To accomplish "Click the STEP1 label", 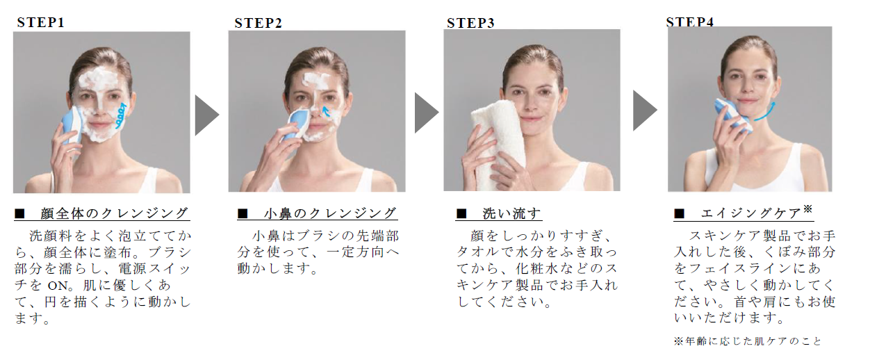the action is pos(40,22).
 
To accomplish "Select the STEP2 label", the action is pos(258,24).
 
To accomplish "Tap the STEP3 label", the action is pos(470,24).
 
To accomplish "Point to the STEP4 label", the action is pos(690,22).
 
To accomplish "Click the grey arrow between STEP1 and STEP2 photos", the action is pos(206,115).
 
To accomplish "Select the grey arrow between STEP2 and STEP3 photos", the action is pos(426,113).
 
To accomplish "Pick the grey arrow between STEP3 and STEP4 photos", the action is pos(644,111).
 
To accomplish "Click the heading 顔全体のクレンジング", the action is pos(114,213).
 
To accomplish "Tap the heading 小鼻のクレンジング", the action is pos(330,213).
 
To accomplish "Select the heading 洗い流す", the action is pos(511,213).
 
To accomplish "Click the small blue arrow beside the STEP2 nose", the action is pos(326,112).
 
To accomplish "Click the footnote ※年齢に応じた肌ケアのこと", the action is pos(748,341).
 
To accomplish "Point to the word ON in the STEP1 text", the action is pos(58,286).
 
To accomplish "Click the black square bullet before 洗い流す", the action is pos(461,213).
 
